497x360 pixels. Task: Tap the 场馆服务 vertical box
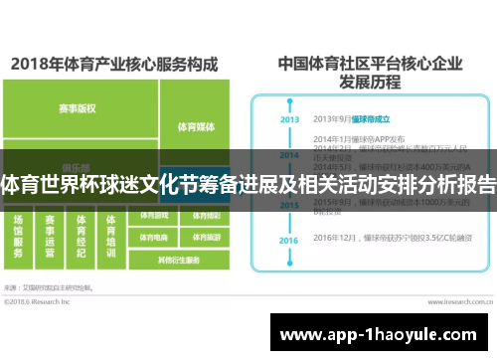tap(18, 240)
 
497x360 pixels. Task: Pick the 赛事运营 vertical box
tap(51, 240)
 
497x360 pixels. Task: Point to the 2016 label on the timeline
tap(289, 241)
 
